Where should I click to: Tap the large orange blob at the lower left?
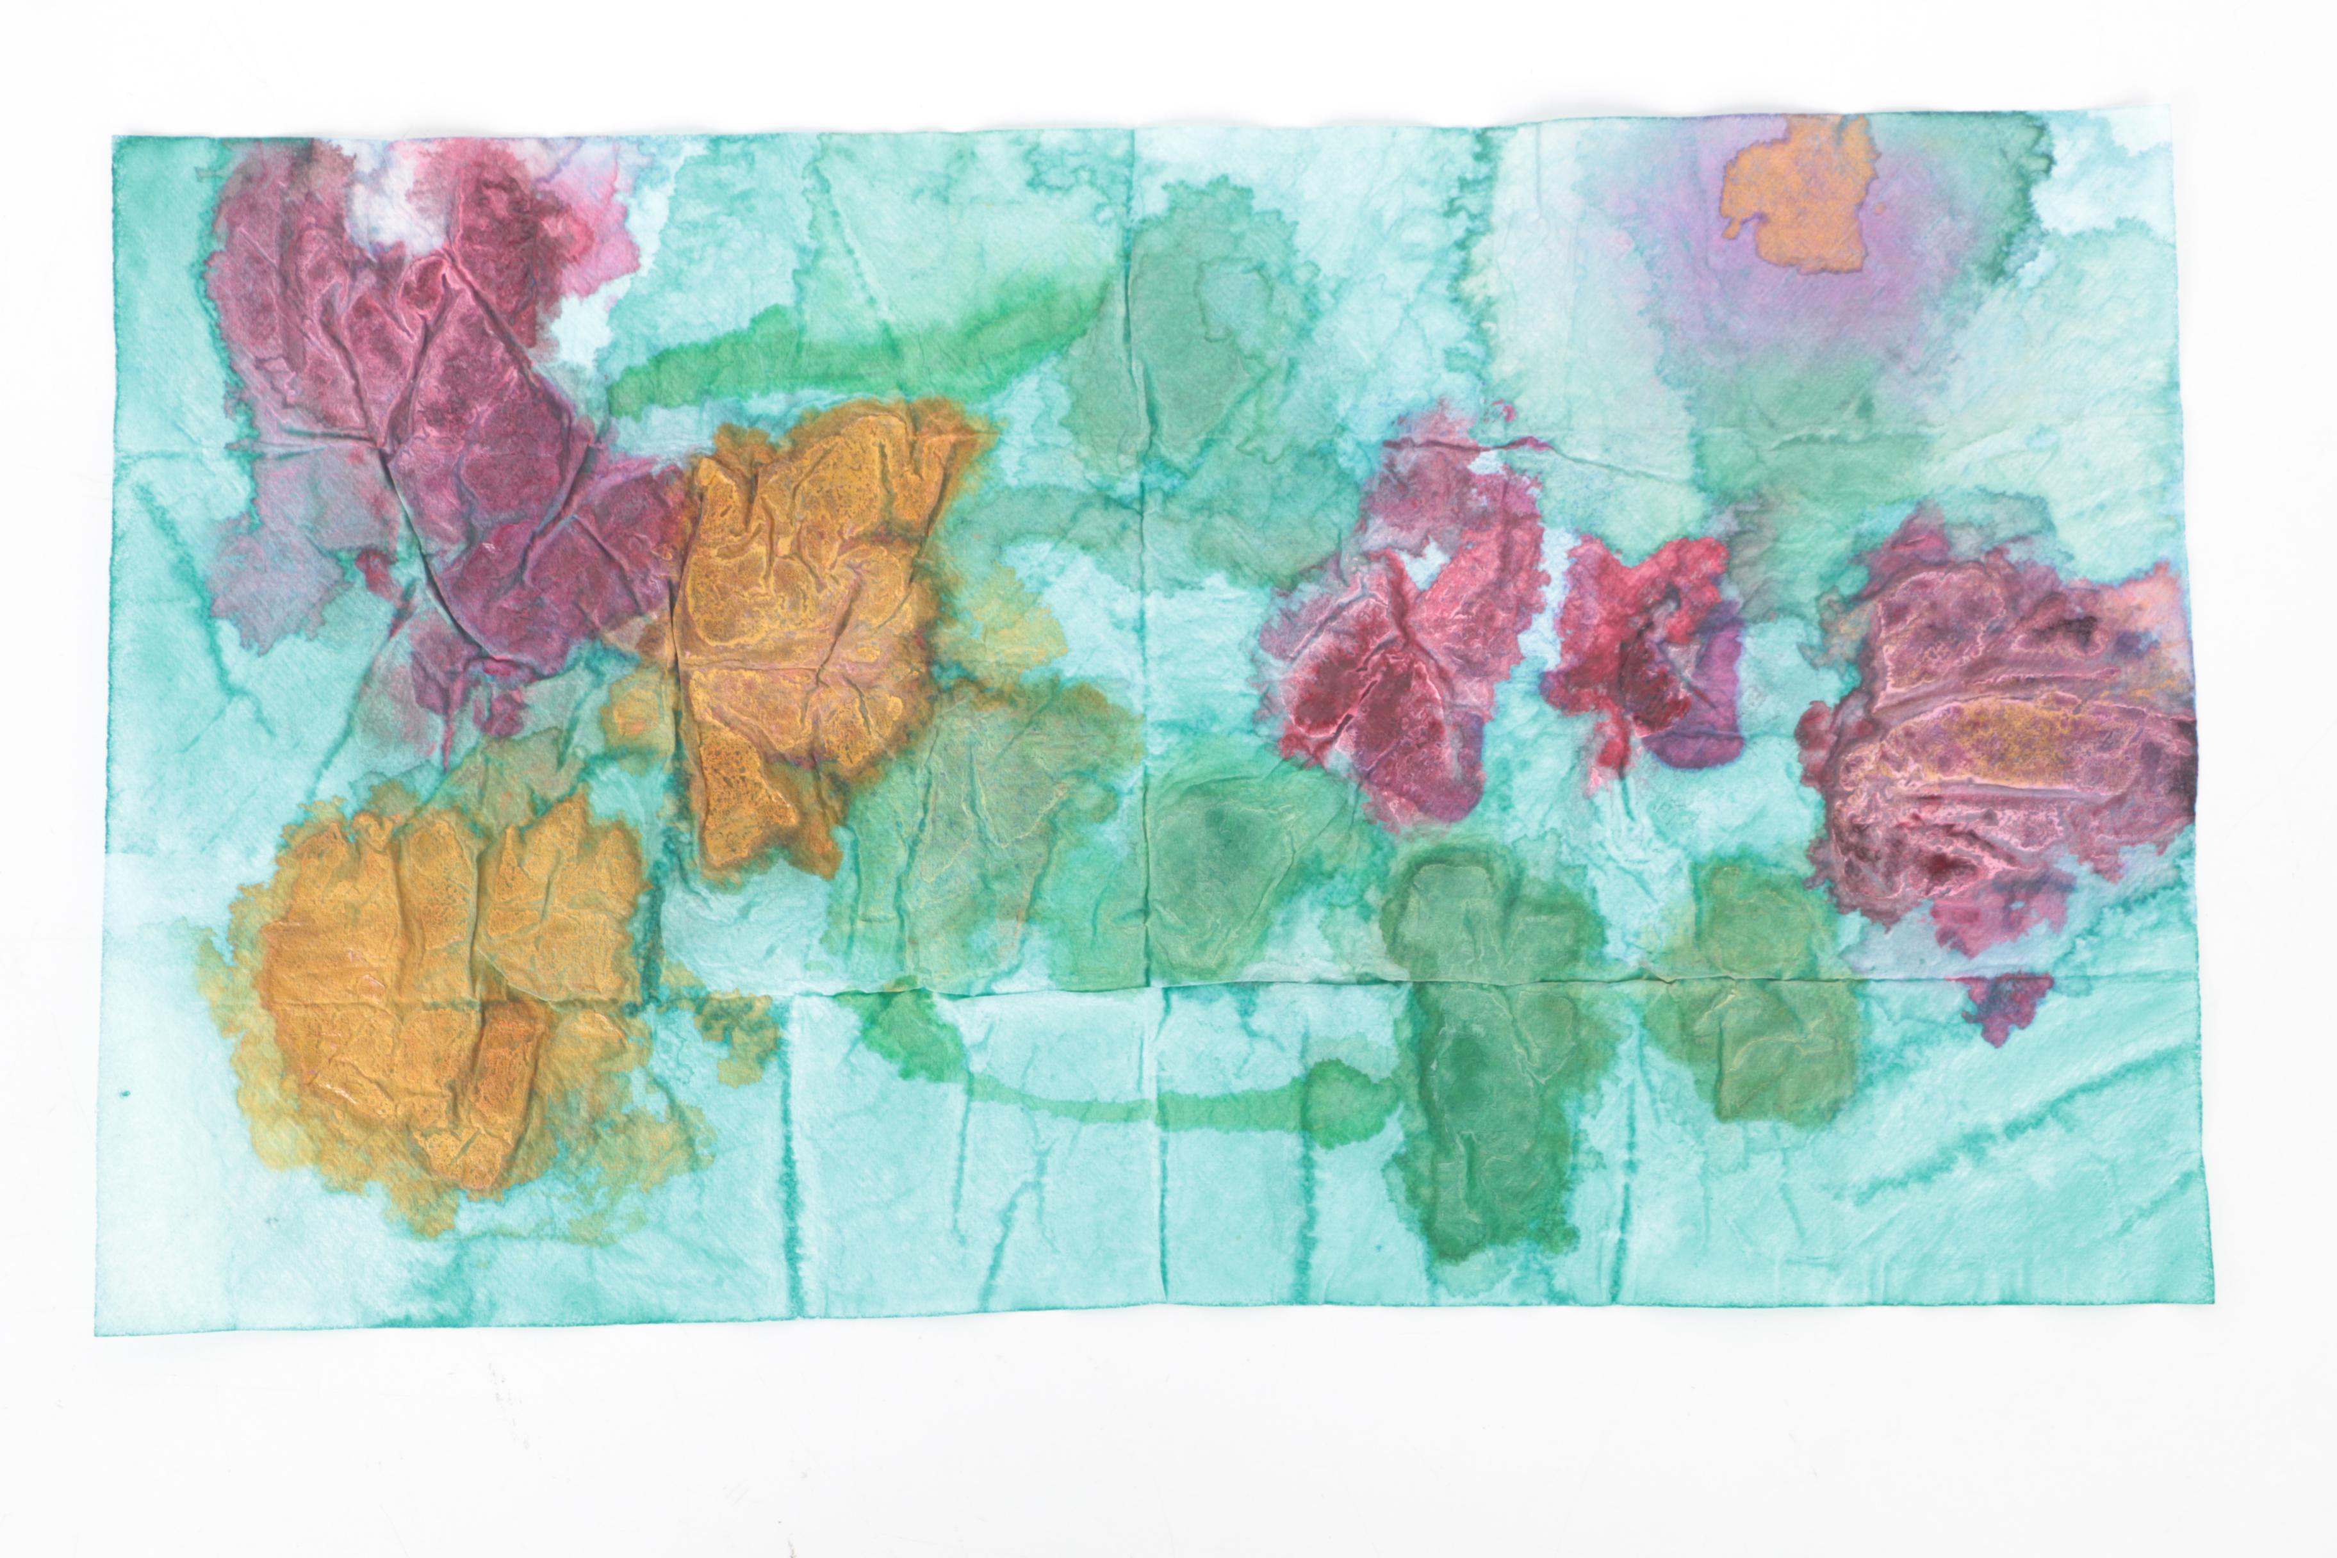(437, 994)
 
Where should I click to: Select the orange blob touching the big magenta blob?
(805, 616)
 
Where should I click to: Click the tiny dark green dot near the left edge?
(125, 1095)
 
